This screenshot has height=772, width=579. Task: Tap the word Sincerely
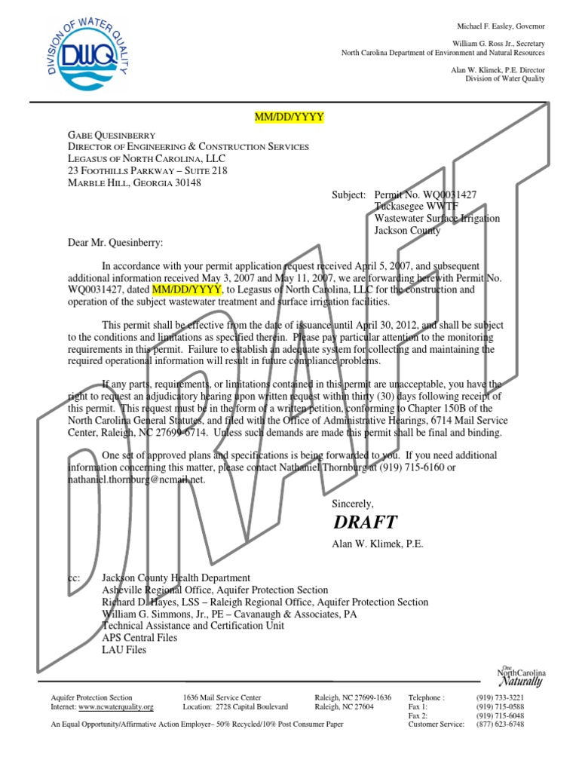tap(353, 503)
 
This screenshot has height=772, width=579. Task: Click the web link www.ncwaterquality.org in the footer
tap(116, 707)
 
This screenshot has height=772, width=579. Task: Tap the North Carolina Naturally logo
tap(521, 676)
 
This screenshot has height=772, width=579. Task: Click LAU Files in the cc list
tap(124, 650)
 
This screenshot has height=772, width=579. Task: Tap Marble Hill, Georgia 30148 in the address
tap(135, 183)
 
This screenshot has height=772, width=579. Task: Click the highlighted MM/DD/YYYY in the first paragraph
tap(187, 289)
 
